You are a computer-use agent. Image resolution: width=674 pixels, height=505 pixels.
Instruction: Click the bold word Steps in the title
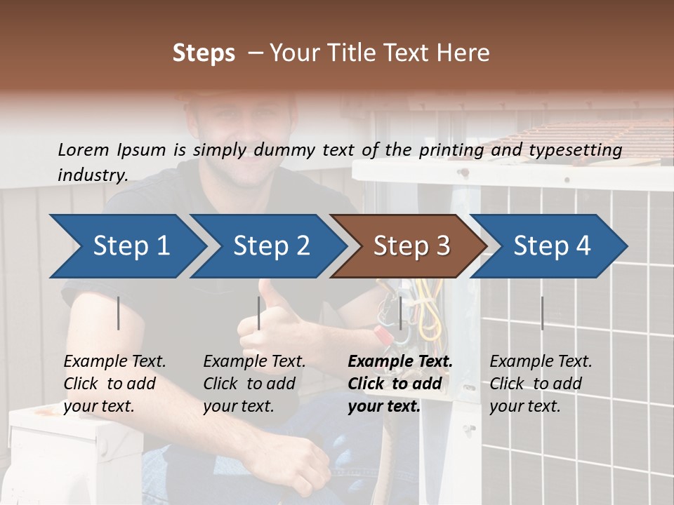(x=204, y=53)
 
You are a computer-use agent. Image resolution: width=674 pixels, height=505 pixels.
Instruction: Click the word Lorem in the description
(x=84, y=149)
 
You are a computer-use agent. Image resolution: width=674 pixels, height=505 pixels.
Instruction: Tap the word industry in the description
(x=92, y=175)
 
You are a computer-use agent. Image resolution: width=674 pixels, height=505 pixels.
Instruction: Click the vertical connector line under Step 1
(x=119, y=313)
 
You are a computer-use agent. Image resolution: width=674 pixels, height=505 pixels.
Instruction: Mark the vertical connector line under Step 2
(x=259, y=313)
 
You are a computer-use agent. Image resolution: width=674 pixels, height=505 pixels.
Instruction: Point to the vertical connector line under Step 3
(x=400, y=313)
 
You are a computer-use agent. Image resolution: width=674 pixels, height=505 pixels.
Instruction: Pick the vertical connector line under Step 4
(x=542, y=313)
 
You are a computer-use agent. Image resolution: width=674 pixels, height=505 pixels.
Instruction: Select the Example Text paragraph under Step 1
(x=114, y=384)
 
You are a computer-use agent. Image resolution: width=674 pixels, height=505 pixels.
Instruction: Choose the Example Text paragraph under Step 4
(x=541, y=384)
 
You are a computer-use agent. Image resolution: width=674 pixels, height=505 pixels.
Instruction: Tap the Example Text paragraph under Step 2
(x=254, y=384)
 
